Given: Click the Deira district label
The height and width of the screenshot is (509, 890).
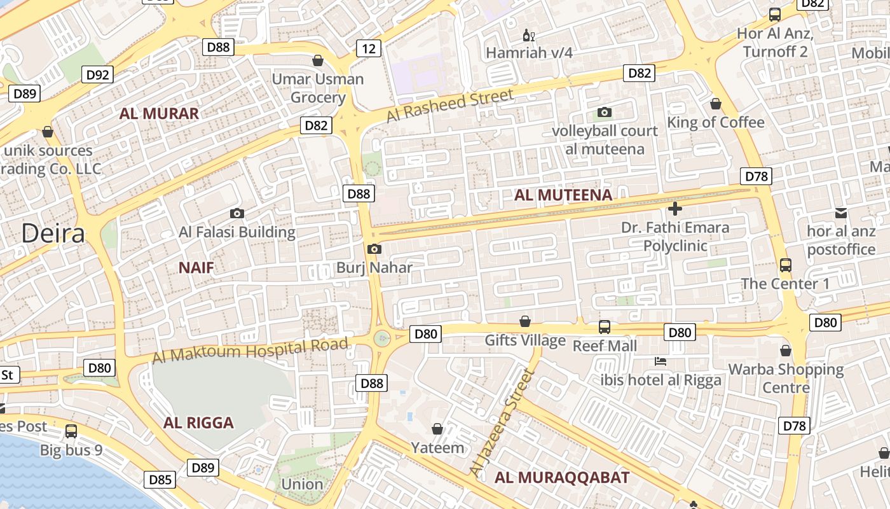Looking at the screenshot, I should [53, 234].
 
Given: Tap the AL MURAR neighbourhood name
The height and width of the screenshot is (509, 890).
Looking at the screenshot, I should [159, 114].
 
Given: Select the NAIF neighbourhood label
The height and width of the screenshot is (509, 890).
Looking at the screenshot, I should [196, 267].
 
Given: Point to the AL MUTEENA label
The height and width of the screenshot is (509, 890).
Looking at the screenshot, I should [563, 195].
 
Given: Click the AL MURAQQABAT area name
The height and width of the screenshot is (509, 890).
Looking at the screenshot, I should [562, 477].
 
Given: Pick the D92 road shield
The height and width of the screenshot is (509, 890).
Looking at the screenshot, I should [97, 74].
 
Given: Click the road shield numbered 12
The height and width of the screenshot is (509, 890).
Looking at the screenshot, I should [369, 48].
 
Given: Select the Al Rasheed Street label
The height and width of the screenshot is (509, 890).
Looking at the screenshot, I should [449, 106].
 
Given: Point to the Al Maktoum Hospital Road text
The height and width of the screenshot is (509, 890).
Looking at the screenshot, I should [250, 351].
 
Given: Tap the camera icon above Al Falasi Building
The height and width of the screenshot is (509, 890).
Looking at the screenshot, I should [237, 214].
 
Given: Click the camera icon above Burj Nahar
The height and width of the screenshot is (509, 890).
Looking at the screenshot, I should [374, 249].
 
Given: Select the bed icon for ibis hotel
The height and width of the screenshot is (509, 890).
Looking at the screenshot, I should [661, 361].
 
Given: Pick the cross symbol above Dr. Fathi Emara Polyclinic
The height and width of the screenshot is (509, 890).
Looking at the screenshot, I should [675, 208].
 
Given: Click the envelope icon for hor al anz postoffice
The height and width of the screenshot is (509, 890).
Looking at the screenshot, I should [841, 213].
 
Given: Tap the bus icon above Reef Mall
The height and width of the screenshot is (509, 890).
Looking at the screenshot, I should [605, 327].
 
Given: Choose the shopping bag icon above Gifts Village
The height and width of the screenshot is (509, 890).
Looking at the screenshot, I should [525, 321].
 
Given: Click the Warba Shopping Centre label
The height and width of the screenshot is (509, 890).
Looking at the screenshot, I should [786, 378].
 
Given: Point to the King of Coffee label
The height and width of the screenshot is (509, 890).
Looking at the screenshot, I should [715, 122].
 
